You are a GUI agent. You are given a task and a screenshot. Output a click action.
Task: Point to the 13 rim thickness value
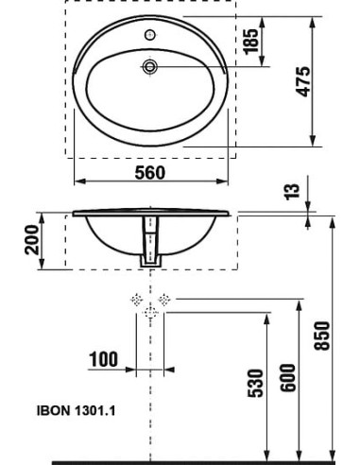(294, 191)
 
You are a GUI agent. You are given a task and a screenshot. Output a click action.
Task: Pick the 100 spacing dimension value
(105, 360)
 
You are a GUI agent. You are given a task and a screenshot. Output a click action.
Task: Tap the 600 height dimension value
(288, 378)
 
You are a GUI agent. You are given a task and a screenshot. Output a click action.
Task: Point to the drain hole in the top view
(149, 66)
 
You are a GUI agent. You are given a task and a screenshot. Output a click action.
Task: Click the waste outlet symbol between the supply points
(150, 313)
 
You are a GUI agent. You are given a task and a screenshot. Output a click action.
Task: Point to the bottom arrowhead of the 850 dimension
(335, 456)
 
